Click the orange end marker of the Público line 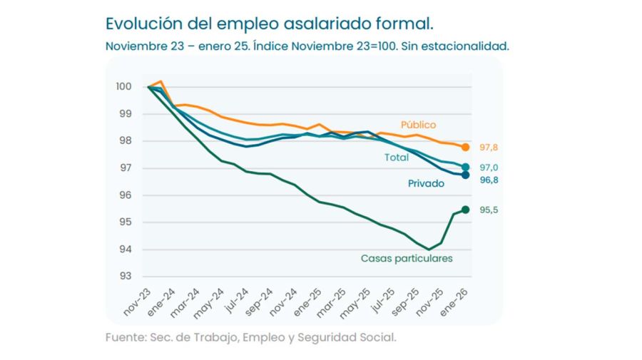point(466,148)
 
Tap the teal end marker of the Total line point(466,168)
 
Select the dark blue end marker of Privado point(466,175)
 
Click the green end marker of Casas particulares point(466,209)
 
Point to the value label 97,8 point(489,148)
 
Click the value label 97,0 point(489,168)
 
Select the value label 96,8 point(489,180)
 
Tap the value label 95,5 point(489,210)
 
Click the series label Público point(418,125)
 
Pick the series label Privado point(426,184)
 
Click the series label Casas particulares point(407,259)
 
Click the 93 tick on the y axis point(125,277)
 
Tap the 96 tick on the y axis point(125,195)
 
